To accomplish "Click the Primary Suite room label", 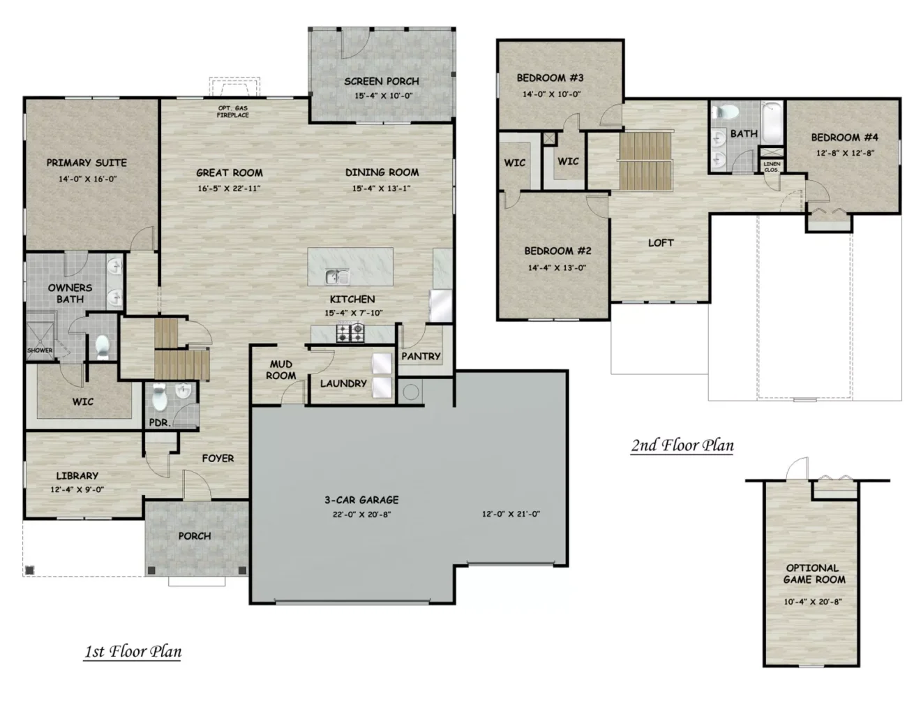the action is (x=87, y=163).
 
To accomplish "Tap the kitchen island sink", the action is (x=336, y=276).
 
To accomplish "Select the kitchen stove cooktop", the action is (x=350, y=333).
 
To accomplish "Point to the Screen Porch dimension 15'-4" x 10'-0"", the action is (x=384, y=96).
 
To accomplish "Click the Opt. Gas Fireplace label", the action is (x=233, y=112).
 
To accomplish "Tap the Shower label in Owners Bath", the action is (x=40, y=350).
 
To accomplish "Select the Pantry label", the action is (x=421, y=356).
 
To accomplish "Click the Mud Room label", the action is (x=280, y=370).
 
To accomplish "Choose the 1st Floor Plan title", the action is (x=133, y=651).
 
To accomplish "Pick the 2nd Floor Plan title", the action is (x=682, y=445).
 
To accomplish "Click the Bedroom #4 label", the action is (x=845, y=138).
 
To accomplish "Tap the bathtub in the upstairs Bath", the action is (x=772, y=121).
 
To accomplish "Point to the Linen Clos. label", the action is (x=772, y=167).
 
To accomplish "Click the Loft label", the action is (x=661, y=242).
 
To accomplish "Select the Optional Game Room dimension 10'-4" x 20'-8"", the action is (x=813, y=602).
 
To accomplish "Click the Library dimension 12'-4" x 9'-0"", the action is (x=77, y=489).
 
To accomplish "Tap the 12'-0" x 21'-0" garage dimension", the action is (x=511, y=514).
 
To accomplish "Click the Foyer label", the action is (x=218, y=459).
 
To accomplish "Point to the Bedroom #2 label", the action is (x=557, y=251).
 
